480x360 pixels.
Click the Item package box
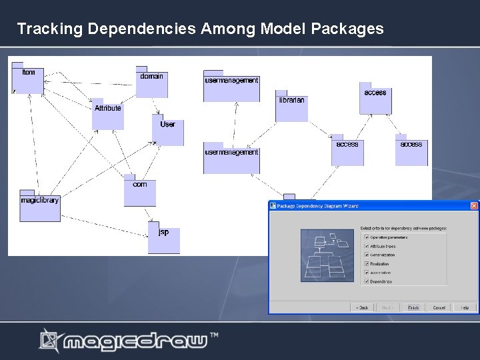[27, 79]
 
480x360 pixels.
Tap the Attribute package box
[107, 114]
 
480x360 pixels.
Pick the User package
[167, 130]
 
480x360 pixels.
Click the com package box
[139, 191]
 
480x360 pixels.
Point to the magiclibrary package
[39, 205]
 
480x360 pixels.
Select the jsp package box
[164, 238]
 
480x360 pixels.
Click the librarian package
[291, 107]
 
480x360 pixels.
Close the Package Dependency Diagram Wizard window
[474, 206]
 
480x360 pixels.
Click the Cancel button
[439, 307]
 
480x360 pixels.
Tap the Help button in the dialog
[464, 307]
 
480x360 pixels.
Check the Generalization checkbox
[365, 255]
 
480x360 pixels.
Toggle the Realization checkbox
[365, 263]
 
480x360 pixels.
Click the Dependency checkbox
[365, 281]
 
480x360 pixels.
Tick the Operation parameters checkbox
[365, 237]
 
